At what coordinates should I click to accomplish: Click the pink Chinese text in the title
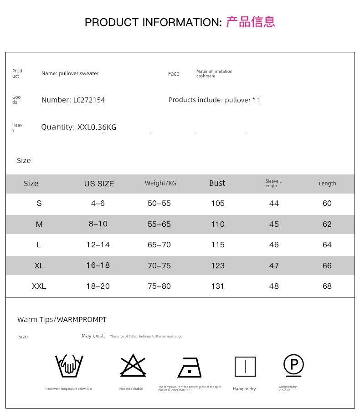(251, 22)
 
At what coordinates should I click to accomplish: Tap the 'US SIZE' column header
(99, 184)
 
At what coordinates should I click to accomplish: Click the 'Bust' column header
(217, 183)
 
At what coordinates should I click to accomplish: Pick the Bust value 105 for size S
(218, 204)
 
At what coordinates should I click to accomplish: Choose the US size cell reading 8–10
(98, 224)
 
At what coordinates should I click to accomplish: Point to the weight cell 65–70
(159, 245)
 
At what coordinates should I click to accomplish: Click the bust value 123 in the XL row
(218, 266)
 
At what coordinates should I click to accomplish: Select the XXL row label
(39, 286)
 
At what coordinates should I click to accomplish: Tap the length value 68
(327, 286)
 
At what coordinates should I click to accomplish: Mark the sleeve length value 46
(274, 245)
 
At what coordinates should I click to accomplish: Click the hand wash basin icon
(69, 365)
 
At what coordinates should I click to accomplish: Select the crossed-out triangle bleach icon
(133, 366)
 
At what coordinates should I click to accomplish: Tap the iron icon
(190, 367)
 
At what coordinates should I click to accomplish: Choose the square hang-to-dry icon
(245, 367)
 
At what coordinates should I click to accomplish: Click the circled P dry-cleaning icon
(293, 365)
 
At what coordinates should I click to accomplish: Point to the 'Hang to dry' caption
(244, 389)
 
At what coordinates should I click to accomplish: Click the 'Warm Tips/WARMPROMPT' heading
(62, 320)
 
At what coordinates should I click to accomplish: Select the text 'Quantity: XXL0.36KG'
(78, 128)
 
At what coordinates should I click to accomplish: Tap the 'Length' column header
(327, 184)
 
